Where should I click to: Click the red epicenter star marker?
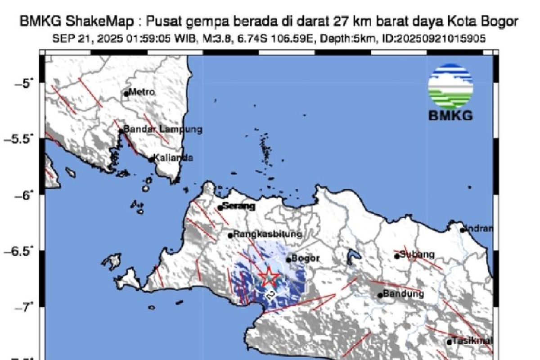pos(269,277)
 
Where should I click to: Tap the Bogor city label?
pos(306,259)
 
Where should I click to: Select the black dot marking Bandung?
pos(380,295)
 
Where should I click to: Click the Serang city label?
pos(239,207)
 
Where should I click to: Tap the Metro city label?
pos(143,92)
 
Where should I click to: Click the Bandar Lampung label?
pos(162,130)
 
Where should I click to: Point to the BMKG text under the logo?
pos(450,116)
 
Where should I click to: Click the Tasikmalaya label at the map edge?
pos(472,340)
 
